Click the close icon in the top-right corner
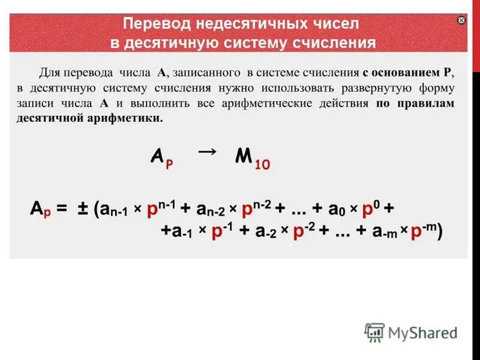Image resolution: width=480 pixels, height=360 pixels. click(x=461, y=20)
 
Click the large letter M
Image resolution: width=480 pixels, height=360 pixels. click(x=243, y=157)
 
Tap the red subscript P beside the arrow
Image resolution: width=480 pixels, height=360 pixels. click(x=169, y=164)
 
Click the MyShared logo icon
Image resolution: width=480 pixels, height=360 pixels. click(x=374, y=332)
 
